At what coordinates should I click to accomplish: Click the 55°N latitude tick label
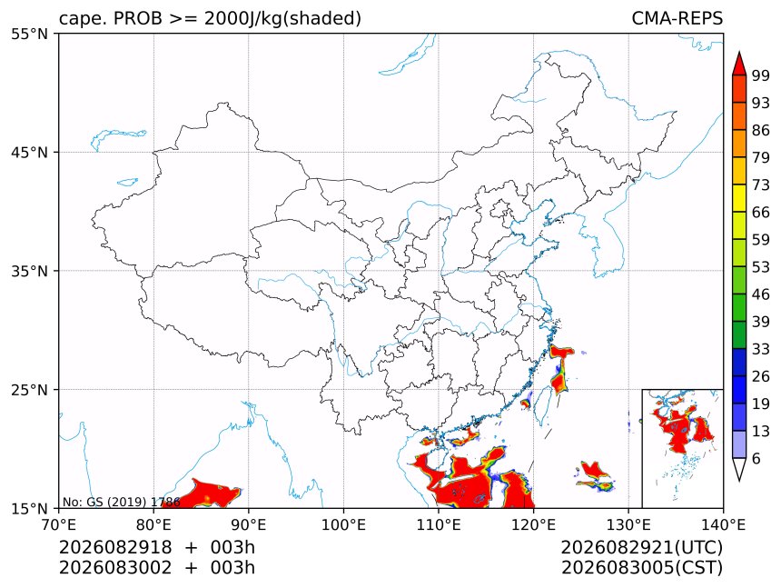coord(29,34)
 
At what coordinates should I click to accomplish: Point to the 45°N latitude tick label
coord(29,152)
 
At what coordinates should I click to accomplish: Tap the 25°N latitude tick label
coord(29,389)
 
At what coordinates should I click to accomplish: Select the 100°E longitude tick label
coord(343,524)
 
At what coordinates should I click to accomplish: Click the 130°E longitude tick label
coord(628,524)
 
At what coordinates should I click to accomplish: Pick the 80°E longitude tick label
coord(153,524)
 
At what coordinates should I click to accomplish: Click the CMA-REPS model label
coord(677,18)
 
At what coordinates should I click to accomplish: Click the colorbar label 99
coord(761,75)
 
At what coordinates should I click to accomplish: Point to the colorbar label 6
coord(756,458)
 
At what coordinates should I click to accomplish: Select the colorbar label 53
coord(761,267)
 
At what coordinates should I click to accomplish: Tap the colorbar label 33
coord(761,349)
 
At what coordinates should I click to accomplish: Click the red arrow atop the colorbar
coord(739,65)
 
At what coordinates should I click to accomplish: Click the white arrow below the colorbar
coord(739,469)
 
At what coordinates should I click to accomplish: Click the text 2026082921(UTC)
coord(641,547)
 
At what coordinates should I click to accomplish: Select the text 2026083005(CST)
coord(641,568)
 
